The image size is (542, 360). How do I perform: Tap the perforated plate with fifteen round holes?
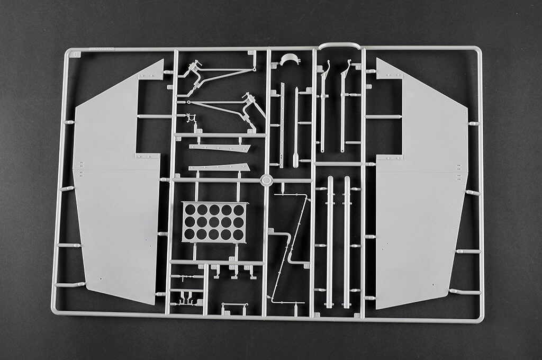pos(214,222)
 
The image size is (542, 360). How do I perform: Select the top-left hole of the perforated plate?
pos(190,210)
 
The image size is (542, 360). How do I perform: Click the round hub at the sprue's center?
pos(267,180)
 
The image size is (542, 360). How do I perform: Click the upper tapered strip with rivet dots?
pos(220,148)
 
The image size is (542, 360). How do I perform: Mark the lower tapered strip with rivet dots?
pos(220,167)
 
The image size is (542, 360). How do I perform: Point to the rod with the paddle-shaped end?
pos(296,127)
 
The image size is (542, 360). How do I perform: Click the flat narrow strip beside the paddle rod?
pos(282,124)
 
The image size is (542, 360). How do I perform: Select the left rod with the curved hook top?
pos(323,106)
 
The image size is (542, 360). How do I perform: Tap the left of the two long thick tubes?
pos(330,241)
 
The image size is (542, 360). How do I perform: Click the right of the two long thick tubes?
pos(347,241)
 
